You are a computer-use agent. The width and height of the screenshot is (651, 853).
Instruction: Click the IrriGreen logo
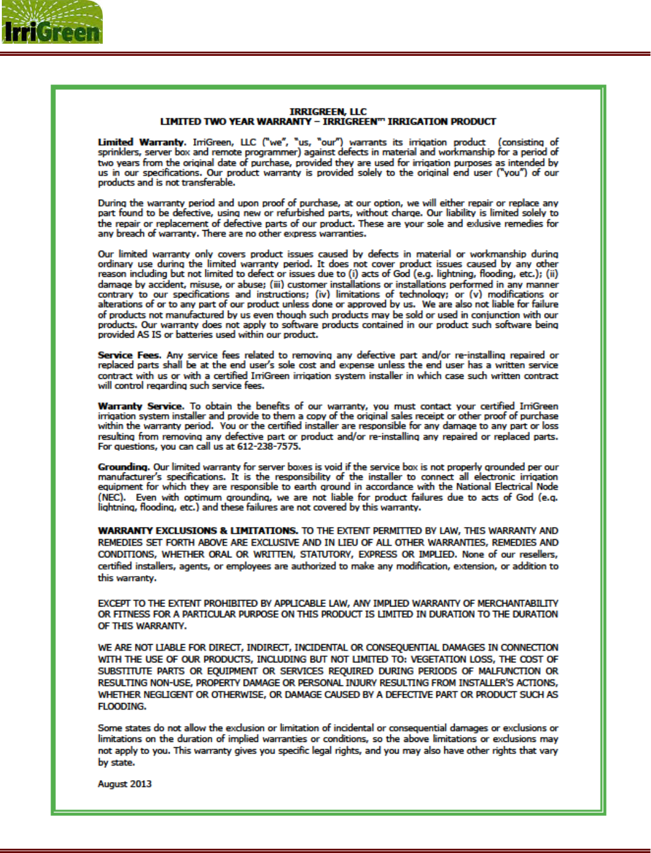[51, 23]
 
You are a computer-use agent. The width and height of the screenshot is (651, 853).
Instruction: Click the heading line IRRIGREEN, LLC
[328, 112]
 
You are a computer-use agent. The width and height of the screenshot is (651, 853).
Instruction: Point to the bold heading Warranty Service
[140, 406]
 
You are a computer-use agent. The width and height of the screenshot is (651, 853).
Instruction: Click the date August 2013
[125, 784]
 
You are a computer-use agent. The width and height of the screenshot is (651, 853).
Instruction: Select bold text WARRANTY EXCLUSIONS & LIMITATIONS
[198, 531]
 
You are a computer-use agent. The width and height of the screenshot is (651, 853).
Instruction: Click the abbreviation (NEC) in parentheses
[111, 497]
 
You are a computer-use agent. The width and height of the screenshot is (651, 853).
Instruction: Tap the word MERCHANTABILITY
[517, 603]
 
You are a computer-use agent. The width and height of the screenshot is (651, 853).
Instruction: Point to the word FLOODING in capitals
[122, 706]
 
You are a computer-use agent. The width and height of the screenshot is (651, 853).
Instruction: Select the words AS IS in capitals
[143, 335]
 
